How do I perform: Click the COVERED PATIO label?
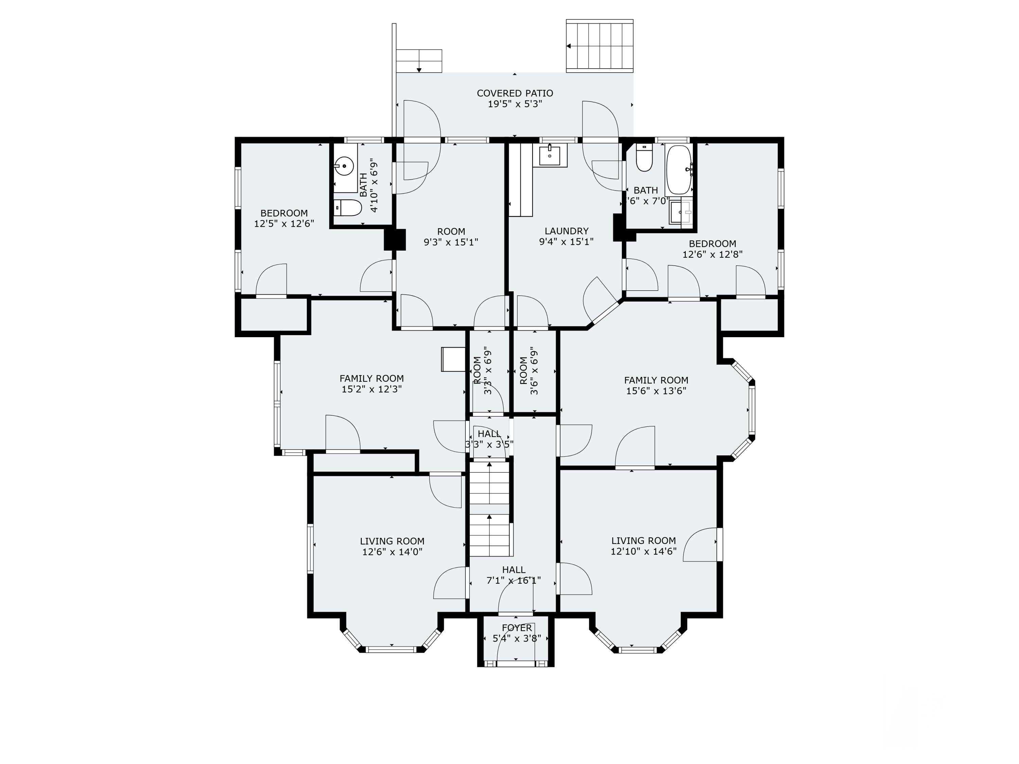[515, 93]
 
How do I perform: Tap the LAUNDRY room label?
[566, 231]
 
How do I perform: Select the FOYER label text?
[516, 628]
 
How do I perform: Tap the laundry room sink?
[550, 156]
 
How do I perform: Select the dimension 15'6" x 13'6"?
[656, 391]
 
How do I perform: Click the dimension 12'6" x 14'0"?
[392, 552]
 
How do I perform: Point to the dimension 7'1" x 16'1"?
[513, 581]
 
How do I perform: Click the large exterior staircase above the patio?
[599, 46]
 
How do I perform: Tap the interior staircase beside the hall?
[489, 509]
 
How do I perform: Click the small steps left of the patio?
[419, 61]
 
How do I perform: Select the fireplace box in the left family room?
[453, 359]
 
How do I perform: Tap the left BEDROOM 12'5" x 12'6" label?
[284, 218]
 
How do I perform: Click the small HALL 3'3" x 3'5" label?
[489, 439]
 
